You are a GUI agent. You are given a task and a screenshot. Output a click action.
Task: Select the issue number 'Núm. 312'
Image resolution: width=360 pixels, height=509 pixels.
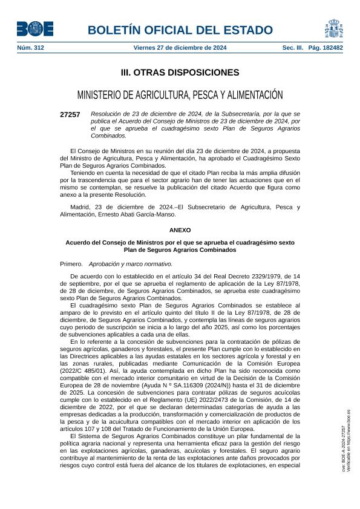point(30,47)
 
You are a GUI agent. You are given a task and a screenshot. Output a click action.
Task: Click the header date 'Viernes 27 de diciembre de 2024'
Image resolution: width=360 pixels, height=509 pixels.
point(180,47)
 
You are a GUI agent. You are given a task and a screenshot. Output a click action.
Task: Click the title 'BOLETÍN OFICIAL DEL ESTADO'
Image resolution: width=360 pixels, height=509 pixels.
point(180,30)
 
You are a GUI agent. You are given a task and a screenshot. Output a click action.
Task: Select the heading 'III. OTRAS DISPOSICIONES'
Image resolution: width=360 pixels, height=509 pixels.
point(180,73)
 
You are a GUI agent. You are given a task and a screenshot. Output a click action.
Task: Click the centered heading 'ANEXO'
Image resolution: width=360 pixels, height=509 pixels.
point(180,231)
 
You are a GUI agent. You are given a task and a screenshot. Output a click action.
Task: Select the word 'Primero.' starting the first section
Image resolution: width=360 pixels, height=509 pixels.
point(72,264)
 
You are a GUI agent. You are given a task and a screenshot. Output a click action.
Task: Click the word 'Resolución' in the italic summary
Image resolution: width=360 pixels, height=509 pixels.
point(105,114)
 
